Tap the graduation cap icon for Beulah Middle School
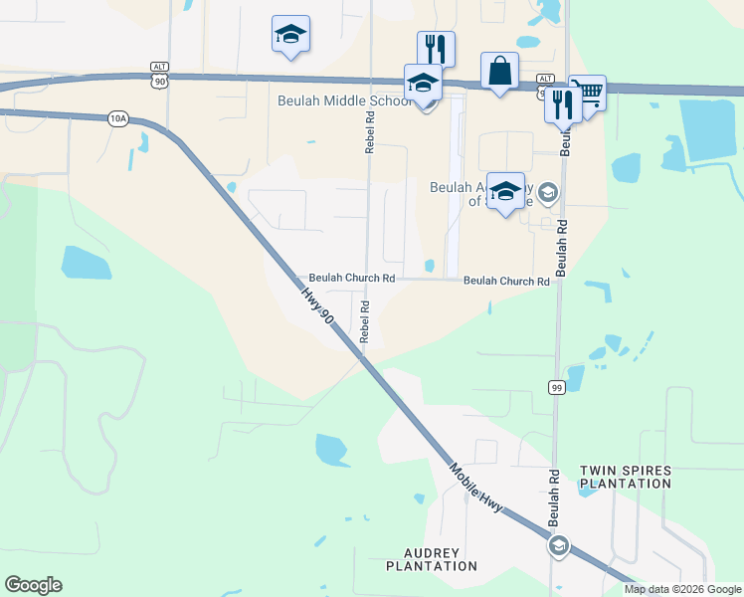coord(423,83)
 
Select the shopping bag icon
coord(499,71)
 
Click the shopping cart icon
coord(588,93)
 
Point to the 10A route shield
coord(118,118)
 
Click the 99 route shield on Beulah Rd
coord(556,386)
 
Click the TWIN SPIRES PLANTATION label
coord(626,477)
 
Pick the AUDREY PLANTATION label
coord(441,559)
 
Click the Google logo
coord(33,585)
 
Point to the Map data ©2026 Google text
coord(683,589)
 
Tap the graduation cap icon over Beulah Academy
coord(505,191)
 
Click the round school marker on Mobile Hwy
coord(558,545)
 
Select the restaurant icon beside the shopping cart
coord(563,103)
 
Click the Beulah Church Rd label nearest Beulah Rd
coord(506,282)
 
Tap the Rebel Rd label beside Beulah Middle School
coord(369,130)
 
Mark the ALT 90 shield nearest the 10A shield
coord(159,73)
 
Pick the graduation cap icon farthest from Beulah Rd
coord(290,34)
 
